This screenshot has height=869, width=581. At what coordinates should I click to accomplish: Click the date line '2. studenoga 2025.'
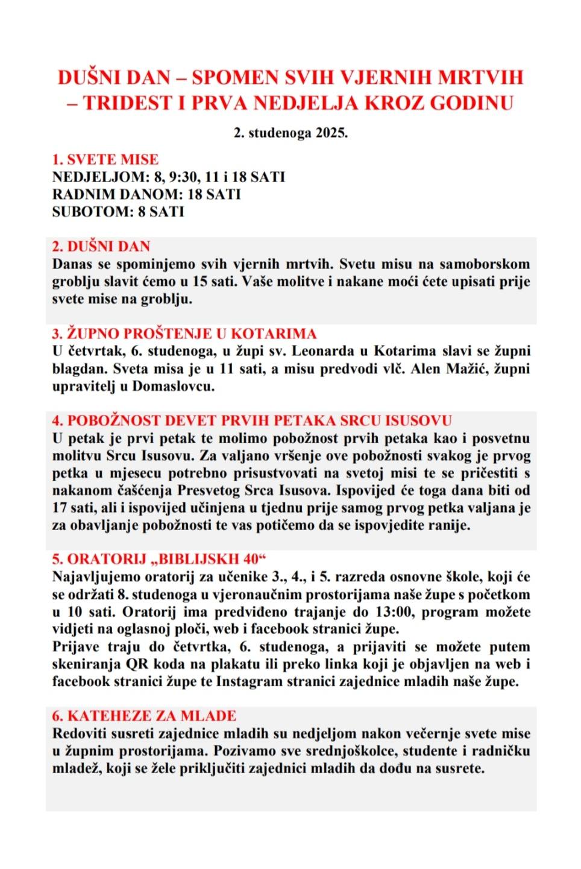[290, 133]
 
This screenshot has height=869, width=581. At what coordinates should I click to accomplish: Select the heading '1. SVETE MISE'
[105, 160]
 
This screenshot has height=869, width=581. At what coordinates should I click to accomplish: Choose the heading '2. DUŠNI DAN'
[101, 247]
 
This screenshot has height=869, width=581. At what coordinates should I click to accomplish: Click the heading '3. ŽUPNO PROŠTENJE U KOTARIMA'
[184, 334]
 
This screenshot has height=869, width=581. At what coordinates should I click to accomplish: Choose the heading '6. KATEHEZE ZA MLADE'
[144, 716]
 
